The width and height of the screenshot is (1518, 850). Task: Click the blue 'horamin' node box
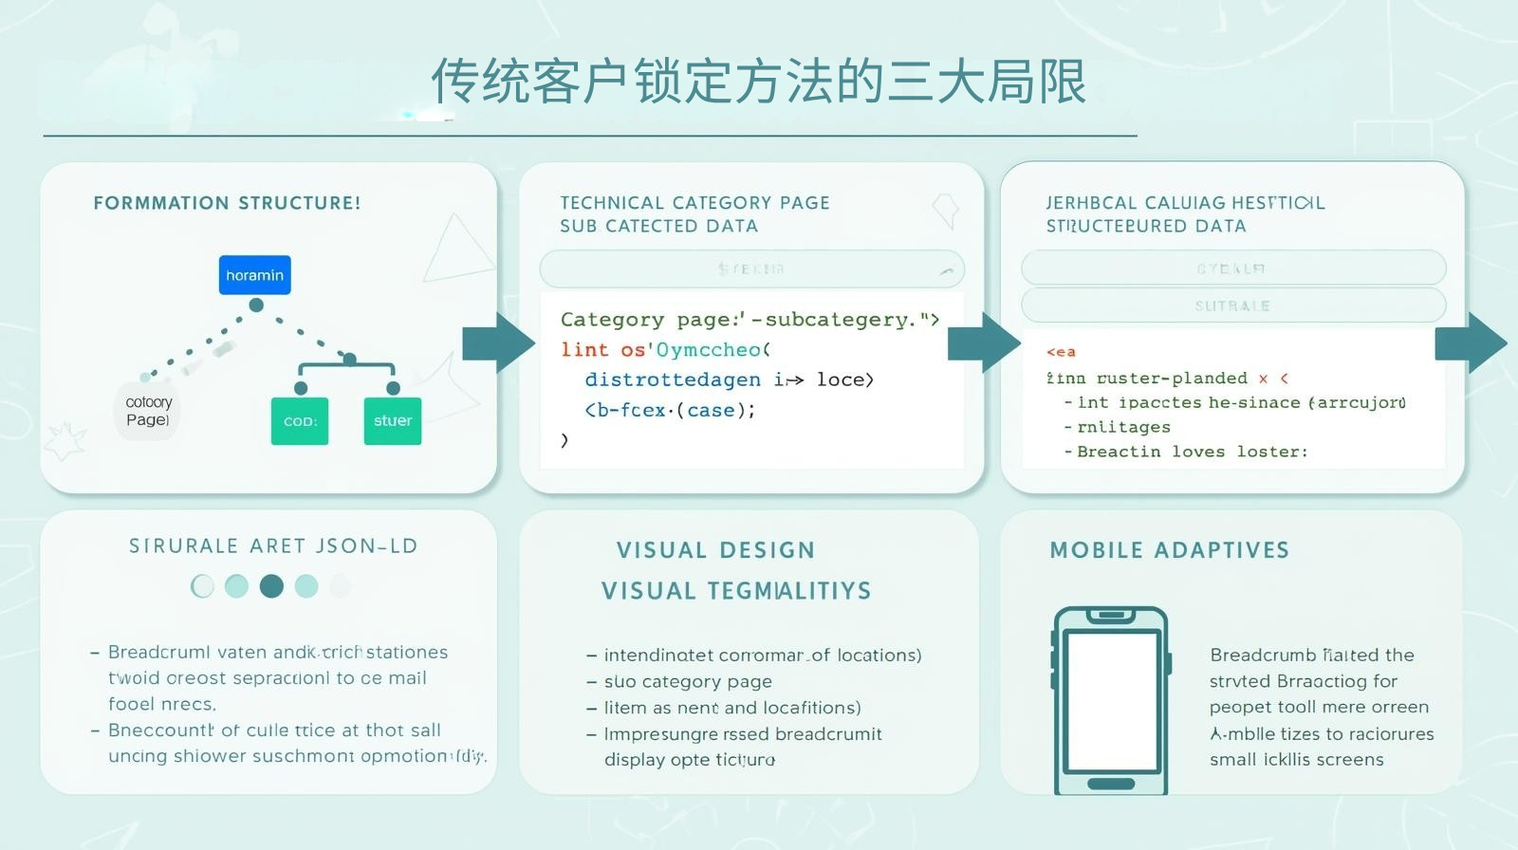[254, 275]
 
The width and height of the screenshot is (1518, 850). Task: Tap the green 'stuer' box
[392, 420]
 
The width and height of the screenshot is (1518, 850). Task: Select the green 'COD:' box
[300, 421]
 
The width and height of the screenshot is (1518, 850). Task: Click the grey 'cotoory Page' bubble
[147, 411]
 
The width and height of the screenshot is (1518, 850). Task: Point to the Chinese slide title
[758, 82]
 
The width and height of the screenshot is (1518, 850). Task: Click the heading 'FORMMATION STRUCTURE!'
[227, 203]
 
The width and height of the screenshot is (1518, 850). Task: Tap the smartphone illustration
[1110, 700]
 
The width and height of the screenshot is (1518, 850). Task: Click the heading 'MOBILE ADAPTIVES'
[1169, 550]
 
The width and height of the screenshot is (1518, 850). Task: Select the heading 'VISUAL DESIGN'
[715, 550]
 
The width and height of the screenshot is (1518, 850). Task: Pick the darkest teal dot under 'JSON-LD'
[271, 586]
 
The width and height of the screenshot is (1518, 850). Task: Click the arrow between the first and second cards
[498, 342]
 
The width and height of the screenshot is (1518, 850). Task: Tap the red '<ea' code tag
[1061, 352]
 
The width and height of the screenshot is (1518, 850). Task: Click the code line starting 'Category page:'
[750, 320]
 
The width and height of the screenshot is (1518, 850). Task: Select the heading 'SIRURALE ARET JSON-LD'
[273, 546]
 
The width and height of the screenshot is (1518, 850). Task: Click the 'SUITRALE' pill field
[1232, 305]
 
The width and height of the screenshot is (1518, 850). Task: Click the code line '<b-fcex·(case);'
[670, 410]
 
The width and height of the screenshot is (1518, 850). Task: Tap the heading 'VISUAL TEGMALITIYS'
[736, 591]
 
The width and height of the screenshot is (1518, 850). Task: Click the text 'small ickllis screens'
[1296, 759]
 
